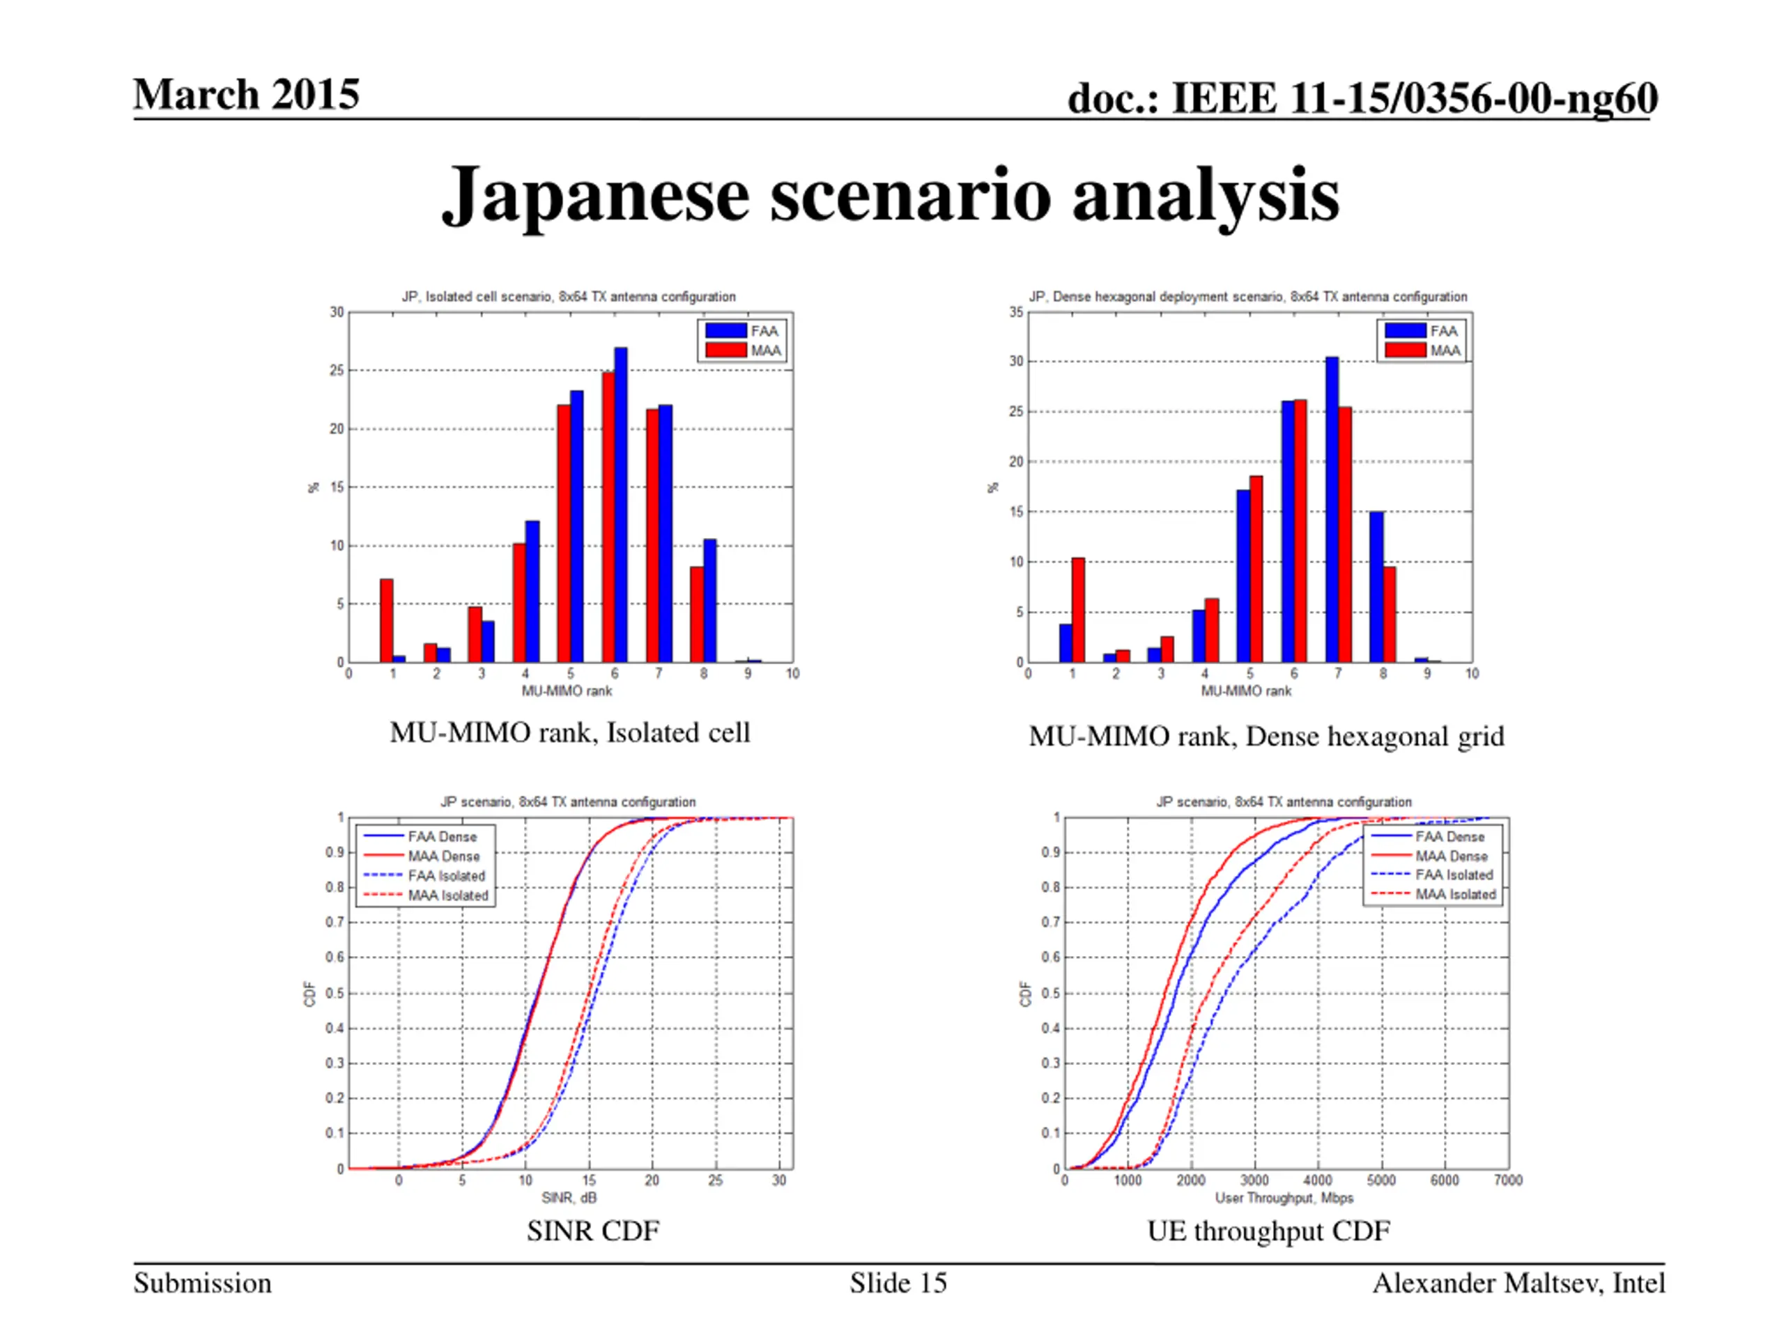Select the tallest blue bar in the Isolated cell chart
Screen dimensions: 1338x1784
[620, 504]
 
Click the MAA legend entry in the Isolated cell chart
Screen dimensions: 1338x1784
[743, 350]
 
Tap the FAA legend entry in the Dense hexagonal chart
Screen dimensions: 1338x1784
[1422, 331]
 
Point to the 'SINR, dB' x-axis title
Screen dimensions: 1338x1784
[569, 1198]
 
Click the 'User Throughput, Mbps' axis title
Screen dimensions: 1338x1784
[1284, 1198]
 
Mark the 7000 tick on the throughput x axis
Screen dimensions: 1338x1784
[1507, 1180]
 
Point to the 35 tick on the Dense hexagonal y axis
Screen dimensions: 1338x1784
[1015, 312]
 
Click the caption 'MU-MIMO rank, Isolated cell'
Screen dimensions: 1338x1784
[569, 732]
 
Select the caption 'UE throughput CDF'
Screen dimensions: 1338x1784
[1268, 1231]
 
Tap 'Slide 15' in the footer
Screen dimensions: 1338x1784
[898, 1283]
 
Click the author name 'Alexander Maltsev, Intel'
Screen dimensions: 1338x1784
[1518, 1283]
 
